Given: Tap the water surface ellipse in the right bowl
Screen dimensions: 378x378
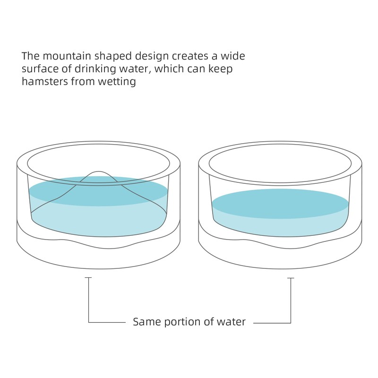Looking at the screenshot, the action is tap(280, 203).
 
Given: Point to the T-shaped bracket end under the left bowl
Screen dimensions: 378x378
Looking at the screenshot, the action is tap(88, 279).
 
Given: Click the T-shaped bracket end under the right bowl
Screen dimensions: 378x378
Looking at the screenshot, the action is tap(291, 279).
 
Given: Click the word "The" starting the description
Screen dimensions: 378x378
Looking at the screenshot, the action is tap(29, 56).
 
